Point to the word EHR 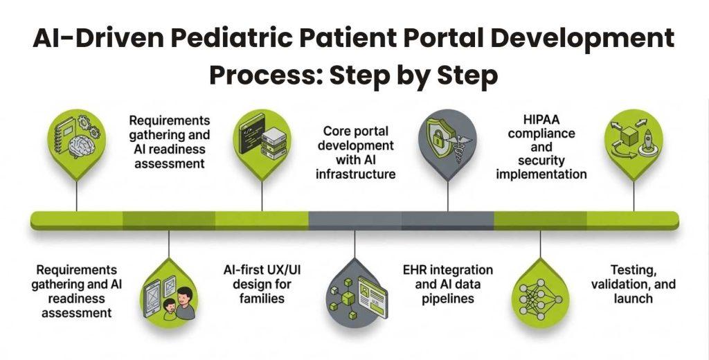[417, 270]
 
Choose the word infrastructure [356, 174]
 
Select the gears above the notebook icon [89, 125]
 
